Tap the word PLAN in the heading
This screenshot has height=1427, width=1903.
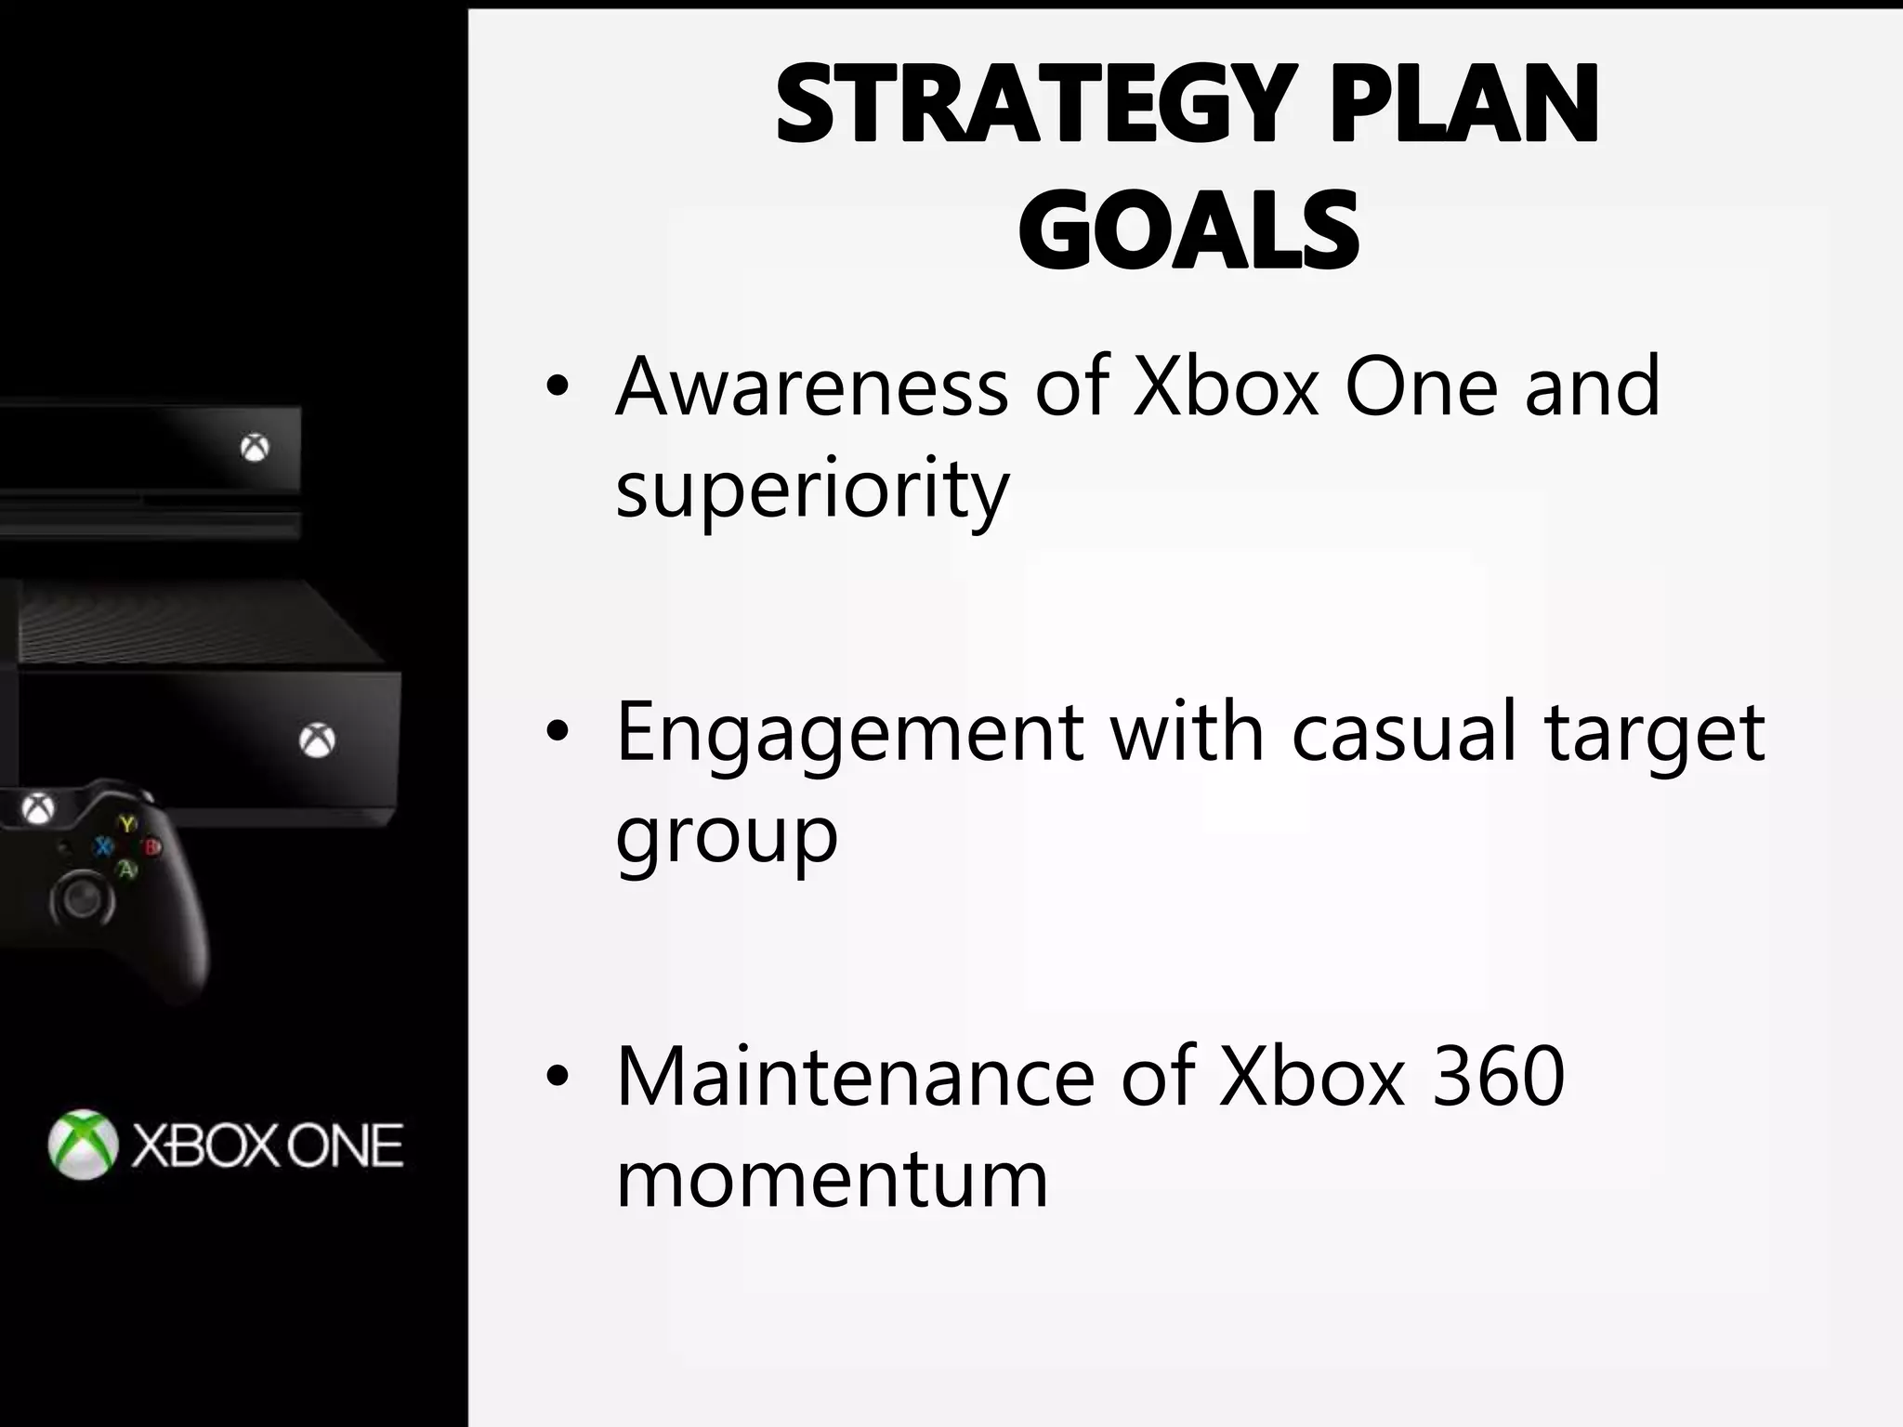1464,104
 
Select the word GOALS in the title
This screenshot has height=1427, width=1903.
1188,229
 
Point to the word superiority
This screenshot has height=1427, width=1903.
812,490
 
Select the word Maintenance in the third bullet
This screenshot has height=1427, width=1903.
856,1077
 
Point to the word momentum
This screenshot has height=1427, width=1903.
832,1179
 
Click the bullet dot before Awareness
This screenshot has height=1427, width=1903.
557,388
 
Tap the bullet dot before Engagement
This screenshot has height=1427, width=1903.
557,734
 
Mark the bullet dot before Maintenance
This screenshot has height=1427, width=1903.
557,1078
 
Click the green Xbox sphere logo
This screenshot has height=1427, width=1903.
84,1145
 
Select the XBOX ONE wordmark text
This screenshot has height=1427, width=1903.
268,1146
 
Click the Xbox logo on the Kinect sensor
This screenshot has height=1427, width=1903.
255,449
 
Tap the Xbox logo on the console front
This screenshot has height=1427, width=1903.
318,740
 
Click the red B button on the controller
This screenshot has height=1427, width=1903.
151,847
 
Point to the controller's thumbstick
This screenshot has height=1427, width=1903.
83,898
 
